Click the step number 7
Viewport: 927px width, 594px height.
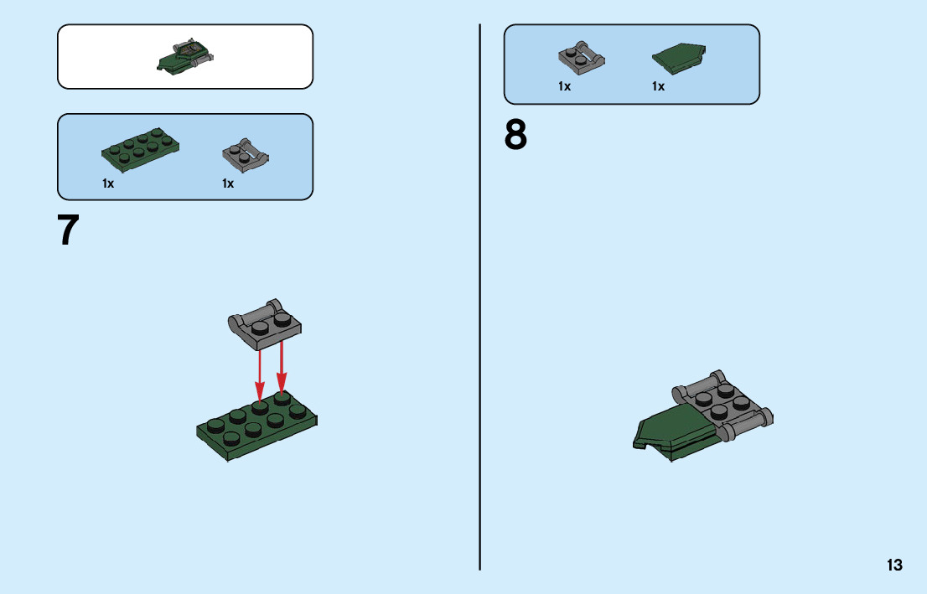pyautogui.click(x=68, y=230)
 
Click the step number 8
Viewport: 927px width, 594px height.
pyautogui.click(x=515, y=136)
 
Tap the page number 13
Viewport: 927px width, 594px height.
pyautogui.click(x=894, y=565)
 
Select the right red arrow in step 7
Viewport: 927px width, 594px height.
pyautogui.click(x=282, y=366)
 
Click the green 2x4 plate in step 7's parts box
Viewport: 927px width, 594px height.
pyautogui.click(x=141, y=149)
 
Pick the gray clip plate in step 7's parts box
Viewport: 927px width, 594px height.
pyautogui.click(x=246, y=155)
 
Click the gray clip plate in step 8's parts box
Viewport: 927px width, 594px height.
pyautogui.click(x=581, y=58)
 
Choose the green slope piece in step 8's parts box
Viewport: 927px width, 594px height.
pyautogui.click(x=679, y=58)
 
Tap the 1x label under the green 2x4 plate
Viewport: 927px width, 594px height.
pyautogui.click(x=108, y=183)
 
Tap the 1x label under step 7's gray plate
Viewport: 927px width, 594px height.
pyautogui.click(x=228, y=183)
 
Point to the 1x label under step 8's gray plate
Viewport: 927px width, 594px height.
pyautogui.click(x=565, y=86)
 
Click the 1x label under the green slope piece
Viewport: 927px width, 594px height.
pyautogui.click(x=659, y=86)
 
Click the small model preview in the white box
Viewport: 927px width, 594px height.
pyautogui.click(x=185, y=57)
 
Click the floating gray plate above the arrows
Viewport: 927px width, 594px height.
pyautogui.click(x=265, y=325)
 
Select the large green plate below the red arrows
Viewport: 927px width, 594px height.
pyautogui.click(x=257, y=425)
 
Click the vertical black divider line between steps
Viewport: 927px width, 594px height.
pyautogui.click(x=480, y=297)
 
